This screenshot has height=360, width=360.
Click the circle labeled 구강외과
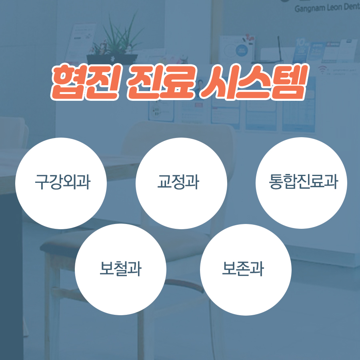(x=61, y=183)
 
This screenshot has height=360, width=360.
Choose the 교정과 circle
(x=181, y=183)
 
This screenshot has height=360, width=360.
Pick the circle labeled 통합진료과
(x=301, y=183)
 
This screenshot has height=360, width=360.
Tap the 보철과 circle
(x=120, y=269)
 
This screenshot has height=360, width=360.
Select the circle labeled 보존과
(x=246, y=269)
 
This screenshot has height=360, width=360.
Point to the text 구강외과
(x=62, y=183)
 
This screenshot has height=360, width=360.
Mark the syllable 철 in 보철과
(x=120, y=269)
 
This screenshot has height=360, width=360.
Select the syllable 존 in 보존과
(x=243, y=269)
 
